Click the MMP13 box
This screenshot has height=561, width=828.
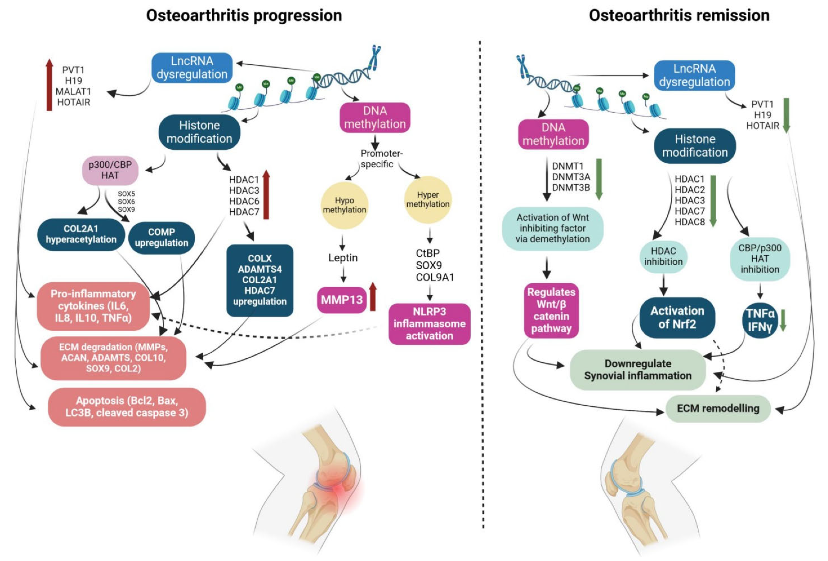pyautogui.click(x=341, y=300)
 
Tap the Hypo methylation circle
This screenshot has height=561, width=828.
pyautogui.click(x=344, y=205)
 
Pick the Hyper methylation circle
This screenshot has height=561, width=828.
pyautogui.click(x=428, y=200)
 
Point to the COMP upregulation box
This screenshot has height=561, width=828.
pyautogui.click(x=161, y=238)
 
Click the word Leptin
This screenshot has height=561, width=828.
pyautogui.click(x=343, y=258)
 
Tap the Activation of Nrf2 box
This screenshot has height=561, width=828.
pyautogui.click(x=677, y=318)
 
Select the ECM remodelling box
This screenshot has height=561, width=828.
pyautogui.click(x=718, y=408)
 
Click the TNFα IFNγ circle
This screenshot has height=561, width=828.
pyautogui.click(x=760, y=320)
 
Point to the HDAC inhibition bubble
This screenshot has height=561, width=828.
pyautogui.click(x=663, y=257)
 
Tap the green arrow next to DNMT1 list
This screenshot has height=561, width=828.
pyautogui.click(x=599, y=179)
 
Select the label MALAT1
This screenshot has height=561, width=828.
pyautogui.click(x=73, y=91)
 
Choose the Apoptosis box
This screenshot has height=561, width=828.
pyautogui.click(x=127, y=407)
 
